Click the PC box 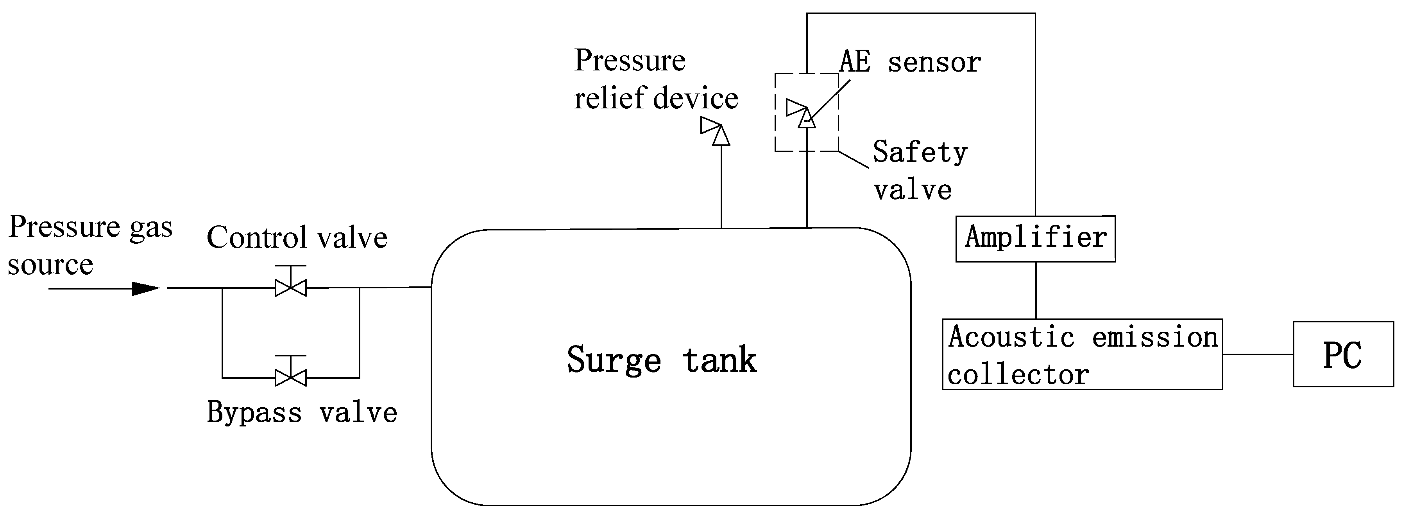(1342, 354)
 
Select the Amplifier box (1035, 239)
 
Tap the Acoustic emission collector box (1082, 354)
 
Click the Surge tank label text (661, 360)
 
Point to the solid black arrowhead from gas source (145, 288)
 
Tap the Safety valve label (919, 170)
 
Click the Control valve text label (297, 238)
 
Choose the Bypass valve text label (302, 412)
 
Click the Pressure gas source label (90, 245)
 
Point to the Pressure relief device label (656, 79)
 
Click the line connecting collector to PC (1258, 354)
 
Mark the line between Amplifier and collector (1035, 290)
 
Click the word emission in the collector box (1155, 337)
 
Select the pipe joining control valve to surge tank (395, 287)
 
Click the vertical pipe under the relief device (721, 185)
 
